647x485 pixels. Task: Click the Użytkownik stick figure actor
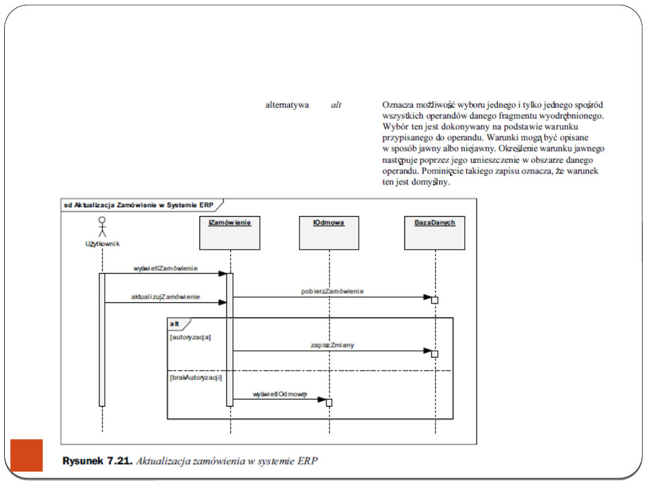coord(102,228)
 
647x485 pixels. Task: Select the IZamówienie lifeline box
coord(230,233)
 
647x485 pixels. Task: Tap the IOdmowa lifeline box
coord(329,233)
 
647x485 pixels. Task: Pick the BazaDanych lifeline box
coord(435,233)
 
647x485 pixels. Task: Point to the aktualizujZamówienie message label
coord(165,297)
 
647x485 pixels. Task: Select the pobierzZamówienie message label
coord(332,292)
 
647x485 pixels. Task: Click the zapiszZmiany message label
coord(332,345)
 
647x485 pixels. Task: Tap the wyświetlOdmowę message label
coord(280,394)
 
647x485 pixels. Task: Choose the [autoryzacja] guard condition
coord(190,337)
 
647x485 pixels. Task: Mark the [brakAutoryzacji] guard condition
coord(196,378)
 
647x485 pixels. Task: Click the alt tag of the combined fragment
coord(175,323)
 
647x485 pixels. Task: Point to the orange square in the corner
coord(27,455)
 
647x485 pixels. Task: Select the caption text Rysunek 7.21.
coord(99,461)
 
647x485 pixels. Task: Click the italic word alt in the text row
coord(336,105)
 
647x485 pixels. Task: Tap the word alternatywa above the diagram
coord(288,105)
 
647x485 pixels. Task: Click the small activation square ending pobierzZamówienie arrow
coord(434,300)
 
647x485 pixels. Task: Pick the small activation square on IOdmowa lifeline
coord(329,402)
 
